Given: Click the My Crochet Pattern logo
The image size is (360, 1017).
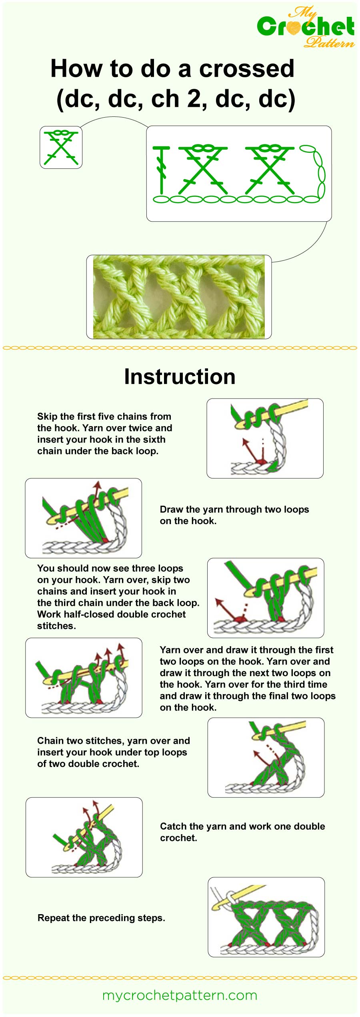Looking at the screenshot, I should coord(306,27).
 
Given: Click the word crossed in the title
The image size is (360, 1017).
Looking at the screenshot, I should coord(246,69).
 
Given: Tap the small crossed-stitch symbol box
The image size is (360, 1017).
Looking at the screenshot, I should coord(61,147).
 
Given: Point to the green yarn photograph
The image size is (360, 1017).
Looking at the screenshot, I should coord(179,297).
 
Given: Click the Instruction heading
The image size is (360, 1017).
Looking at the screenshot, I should coord(180,377).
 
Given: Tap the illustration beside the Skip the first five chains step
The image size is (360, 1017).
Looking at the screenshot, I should coord(265,438).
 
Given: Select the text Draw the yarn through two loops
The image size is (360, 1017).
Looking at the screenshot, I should coord(234,509).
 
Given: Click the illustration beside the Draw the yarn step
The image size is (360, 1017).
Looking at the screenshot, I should coord(83,518).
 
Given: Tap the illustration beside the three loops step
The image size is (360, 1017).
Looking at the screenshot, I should coord(266,598).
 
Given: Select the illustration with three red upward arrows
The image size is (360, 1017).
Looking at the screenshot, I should coord(84,677).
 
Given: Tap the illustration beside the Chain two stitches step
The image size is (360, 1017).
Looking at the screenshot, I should coord(266,757).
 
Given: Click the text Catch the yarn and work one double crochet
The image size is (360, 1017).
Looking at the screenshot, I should coord(242,832).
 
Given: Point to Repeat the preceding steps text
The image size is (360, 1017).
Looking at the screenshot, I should coord(101,918).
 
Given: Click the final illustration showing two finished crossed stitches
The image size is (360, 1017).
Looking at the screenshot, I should coord(266,917).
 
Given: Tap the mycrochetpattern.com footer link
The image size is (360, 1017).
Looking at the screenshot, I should coord(180,995).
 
